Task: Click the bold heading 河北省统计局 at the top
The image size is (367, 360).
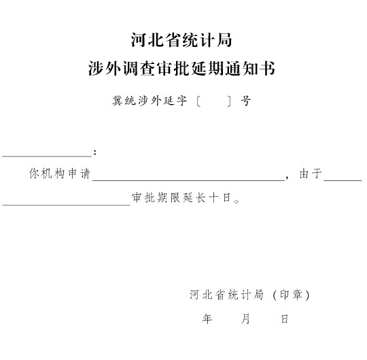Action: [x=181, y=40]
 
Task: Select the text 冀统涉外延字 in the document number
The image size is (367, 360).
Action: [x=150, y=101]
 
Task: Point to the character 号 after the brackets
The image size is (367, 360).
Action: [x=245, y=101]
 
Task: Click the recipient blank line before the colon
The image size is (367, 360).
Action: [x=47, y=156]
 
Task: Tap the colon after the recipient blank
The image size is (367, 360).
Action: [x=94, y=152]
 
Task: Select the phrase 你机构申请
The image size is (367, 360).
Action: [x=60, y=174]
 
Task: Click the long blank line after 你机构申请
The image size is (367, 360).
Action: [x=188, y=180]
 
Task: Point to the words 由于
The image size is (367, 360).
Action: [x=311, y=174]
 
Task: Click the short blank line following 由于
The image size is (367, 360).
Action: [x=343, y=180]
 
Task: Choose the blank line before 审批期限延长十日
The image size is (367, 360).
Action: [x=66, y=205]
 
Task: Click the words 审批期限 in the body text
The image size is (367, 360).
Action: [x=156, y=198]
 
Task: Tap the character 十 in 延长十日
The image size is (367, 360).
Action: [x=213, y=198]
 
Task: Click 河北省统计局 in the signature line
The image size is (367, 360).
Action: [x=226, y=295]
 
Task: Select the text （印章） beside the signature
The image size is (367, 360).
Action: [x=292, y=295]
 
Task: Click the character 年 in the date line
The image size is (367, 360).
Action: [x=207, y=318]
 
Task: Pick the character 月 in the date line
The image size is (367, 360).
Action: [x=245, y=318]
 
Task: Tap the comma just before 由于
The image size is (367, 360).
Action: [x=287, y=178]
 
